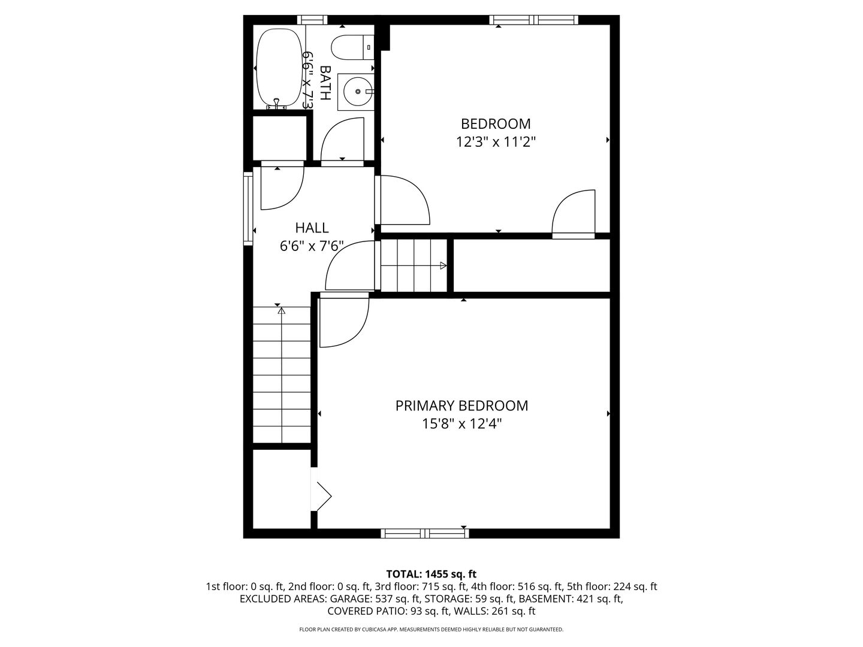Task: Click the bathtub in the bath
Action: coord(279,67)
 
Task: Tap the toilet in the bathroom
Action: coord(352,47)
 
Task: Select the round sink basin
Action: coord(357,92)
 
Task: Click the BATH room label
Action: coord(325,83)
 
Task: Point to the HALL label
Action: coord(312,228)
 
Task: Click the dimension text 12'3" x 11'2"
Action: coord(496,142)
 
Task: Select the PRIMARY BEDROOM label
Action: coord(461,406)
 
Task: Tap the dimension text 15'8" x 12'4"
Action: coord(462,424)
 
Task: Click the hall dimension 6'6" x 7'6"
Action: coord(312,246)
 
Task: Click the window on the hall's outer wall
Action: coord(248,209)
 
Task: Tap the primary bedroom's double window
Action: coord(425,533)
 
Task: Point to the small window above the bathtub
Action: coord(312,20)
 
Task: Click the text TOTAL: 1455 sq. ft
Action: coord(431,575)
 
